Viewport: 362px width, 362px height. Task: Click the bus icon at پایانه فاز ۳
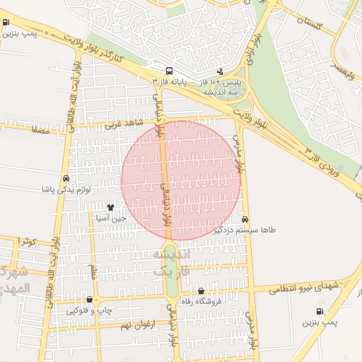[x=169, y=71]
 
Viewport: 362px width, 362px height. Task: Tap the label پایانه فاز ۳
[x=169, y=82]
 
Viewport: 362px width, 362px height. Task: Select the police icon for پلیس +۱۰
[x=220, y=71]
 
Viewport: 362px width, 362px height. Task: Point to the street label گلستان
[x=309, y=24]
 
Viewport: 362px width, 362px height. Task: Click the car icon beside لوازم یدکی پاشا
[x=66, y=179]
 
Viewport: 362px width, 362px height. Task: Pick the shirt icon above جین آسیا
[x=110, y=207]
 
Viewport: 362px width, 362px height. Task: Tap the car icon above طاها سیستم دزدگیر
[x=245, y=219]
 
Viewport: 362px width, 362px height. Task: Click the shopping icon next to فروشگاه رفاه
[x=202, y=291]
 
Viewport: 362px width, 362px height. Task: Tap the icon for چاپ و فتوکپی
[x=89, y=300]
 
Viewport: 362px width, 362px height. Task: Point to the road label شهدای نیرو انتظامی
[x=309, y=285]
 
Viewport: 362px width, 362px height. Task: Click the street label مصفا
[x=40, y=130]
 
